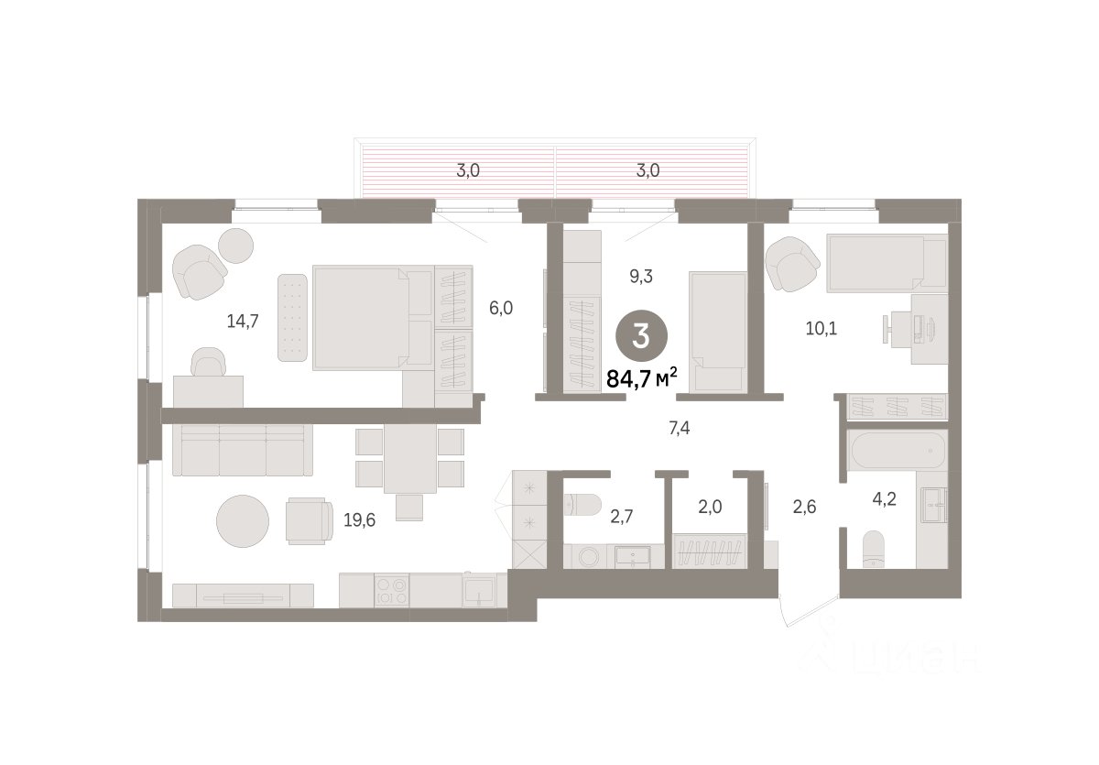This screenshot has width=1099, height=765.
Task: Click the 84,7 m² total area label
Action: pyautogui.click(x=642, y=377)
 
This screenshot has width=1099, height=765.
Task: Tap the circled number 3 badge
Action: pyautogui.click(x=641, y=337)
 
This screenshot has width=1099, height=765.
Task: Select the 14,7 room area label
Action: pyautogui.click(x=243, y=322)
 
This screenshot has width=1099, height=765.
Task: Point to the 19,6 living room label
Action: pyautogui.click(x=359, y=520)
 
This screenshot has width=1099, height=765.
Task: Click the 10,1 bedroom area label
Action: pyautogui.click(x=822, y=328)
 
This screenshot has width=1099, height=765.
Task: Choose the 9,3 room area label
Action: pyautogui.click(x=641, y=277)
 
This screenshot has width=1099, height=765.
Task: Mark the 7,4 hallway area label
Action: pyautogui.click(x=679, y=429)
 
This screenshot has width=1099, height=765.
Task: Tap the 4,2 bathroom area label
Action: pyautogui.click(x=884, y=499)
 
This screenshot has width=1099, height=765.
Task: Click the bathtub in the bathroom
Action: pyautogui.click(x=898, y=450)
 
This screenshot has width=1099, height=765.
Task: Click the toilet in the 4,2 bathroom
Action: pyautogui.click(x=873, y=549)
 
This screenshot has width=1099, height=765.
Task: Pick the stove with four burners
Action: pyautogui.click(x=392, y=591)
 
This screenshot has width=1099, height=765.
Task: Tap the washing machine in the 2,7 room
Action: pyautogui.click(x=588, y=556)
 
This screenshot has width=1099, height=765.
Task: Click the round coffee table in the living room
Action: pyautogui.click(x=243, y=521)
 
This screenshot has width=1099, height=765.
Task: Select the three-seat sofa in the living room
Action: pyautogui.click(x=243, y=450)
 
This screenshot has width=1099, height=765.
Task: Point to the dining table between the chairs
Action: pyautogui.click(x=410, y=458)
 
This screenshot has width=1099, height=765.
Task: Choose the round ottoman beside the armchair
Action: pyautogui.click(x=235, y=246)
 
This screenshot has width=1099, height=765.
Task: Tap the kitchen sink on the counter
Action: pyautogui.click(x=478, y=591)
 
